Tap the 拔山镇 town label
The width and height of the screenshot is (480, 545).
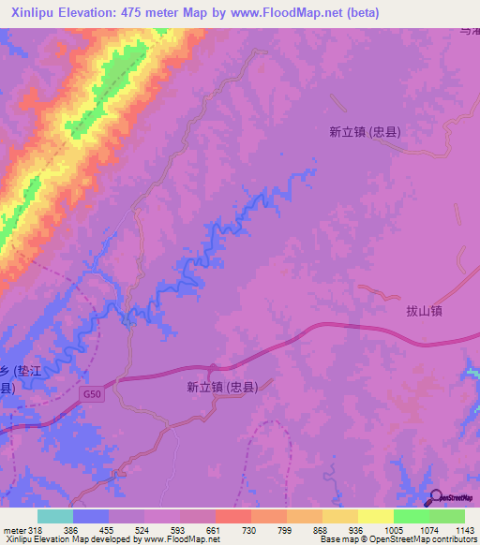(424, 310)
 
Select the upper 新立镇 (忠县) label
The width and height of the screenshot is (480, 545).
(365, 132)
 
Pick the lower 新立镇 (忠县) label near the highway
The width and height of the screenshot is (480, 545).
(222, 386)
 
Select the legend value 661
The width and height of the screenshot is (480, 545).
(215, 529)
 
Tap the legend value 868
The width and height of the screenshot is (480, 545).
(322, 529)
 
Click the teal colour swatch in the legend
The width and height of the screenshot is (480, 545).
(55, 516)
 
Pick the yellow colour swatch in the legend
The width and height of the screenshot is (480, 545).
(375, 516)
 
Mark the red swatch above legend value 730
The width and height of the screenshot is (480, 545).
(232, 516)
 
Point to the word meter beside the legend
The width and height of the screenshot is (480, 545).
(13, 529)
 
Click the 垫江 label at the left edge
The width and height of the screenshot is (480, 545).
(34, 370)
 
